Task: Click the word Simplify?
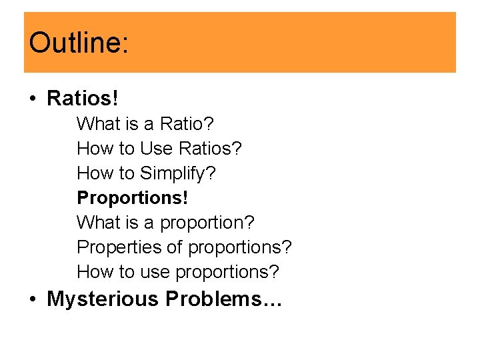pos(178,173)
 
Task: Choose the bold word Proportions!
pos(133,198)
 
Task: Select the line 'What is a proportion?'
pos(166,222)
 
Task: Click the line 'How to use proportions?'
pos(178,272)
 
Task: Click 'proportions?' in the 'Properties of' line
pos(240,247)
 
